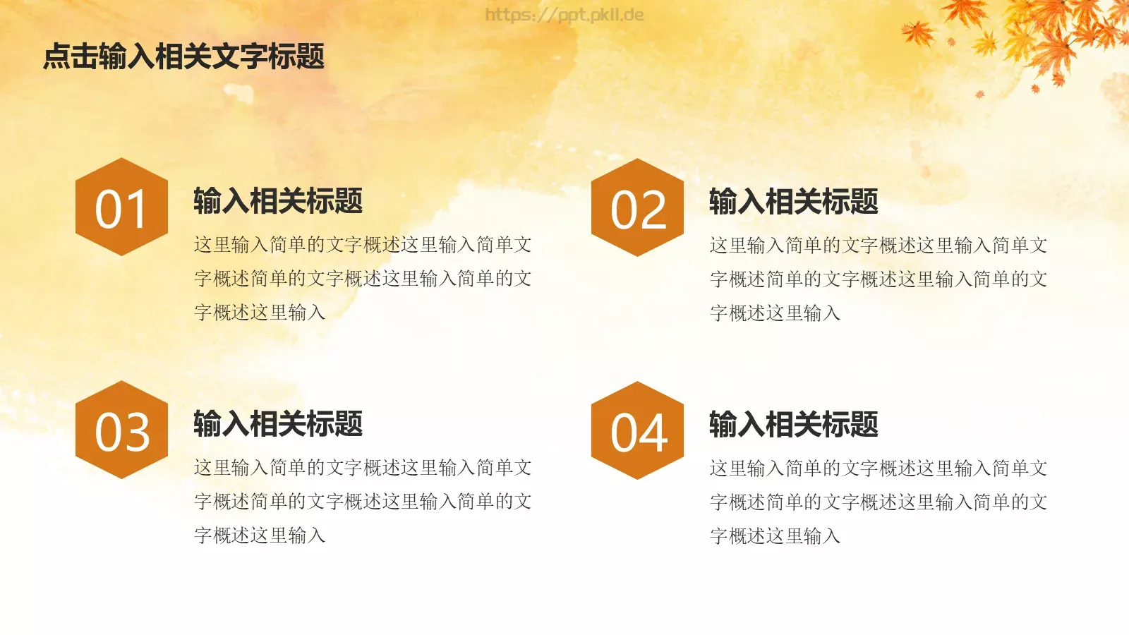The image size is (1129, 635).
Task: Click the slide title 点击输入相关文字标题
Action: click(183, 56)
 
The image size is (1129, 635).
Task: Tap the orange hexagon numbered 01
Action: click(121, 207)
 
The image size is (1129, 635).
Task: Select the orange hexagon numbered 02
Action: click(637, 207)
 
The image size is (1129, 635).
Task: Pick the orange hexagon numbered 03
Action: click(121, 430)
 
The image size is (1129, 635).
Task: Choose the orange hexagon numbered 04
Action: click(637, 430)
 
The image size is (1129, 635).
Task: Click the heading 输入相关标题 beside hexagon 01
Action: click(278, 201)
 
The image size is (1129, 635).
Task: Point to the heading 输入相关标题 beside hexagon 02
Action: click(794, 202)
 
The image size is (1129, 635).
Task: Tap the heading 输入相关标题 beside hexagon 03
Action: click(278, 424)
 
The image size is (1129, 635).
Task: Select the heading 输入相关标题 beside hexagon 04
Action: click(794, 425)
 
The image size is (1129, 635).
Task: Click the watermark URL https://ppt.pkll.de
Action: click(564, 15)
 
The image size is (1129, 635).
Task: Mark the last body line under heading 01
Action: click(260, 313)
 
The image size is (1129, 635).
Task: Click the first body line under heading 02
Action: click(879, 246)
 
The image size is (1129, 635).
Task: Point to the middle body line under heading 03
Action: click(363, 502)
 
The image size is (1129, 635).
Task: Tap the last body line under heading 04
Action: click(775, 536)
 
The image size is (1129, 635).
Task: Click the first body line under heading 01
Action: click(363, 245)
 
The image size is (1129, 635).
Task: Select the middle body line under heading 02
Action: click(879, 279)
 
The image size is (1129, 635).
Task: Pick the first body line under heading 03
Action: click(363, 468)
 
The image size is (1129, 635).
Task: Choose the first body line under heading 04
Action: click(879, 468)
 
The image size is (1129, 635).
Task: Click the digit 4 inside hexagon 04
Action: click(653, 433)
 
